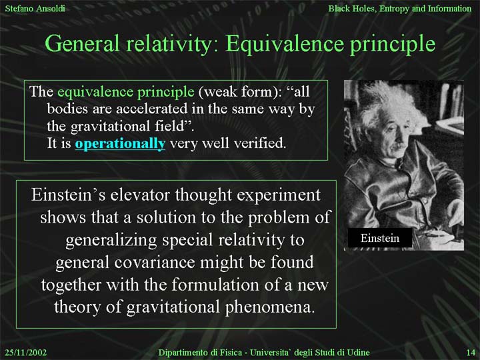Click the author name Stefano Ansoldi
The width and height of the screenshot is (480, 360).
[x=35, y=8]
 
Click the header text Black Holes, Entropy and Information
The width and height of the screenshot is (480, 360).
[x=400, y=9]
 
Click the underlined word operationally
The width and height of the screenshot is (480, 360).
[x=120, y=143]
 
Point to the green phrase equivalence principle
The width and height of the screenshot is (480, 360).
[x=126, y=92]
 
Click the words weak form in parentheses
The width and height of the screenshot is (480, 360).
[x=238, y=91]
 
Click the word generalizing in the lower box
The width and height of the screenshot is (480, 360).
[x=111, y=240]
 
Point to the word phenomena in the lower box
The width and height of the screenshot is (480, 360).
[x=270, y=307]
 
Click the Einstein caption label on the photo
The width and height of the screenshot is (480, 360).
[x=380, y=238]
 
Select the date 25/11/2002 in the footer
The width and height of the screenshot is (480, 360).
[x=26, y=353]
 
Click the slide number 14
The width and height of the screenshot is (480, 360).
[x=471, y=353]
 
